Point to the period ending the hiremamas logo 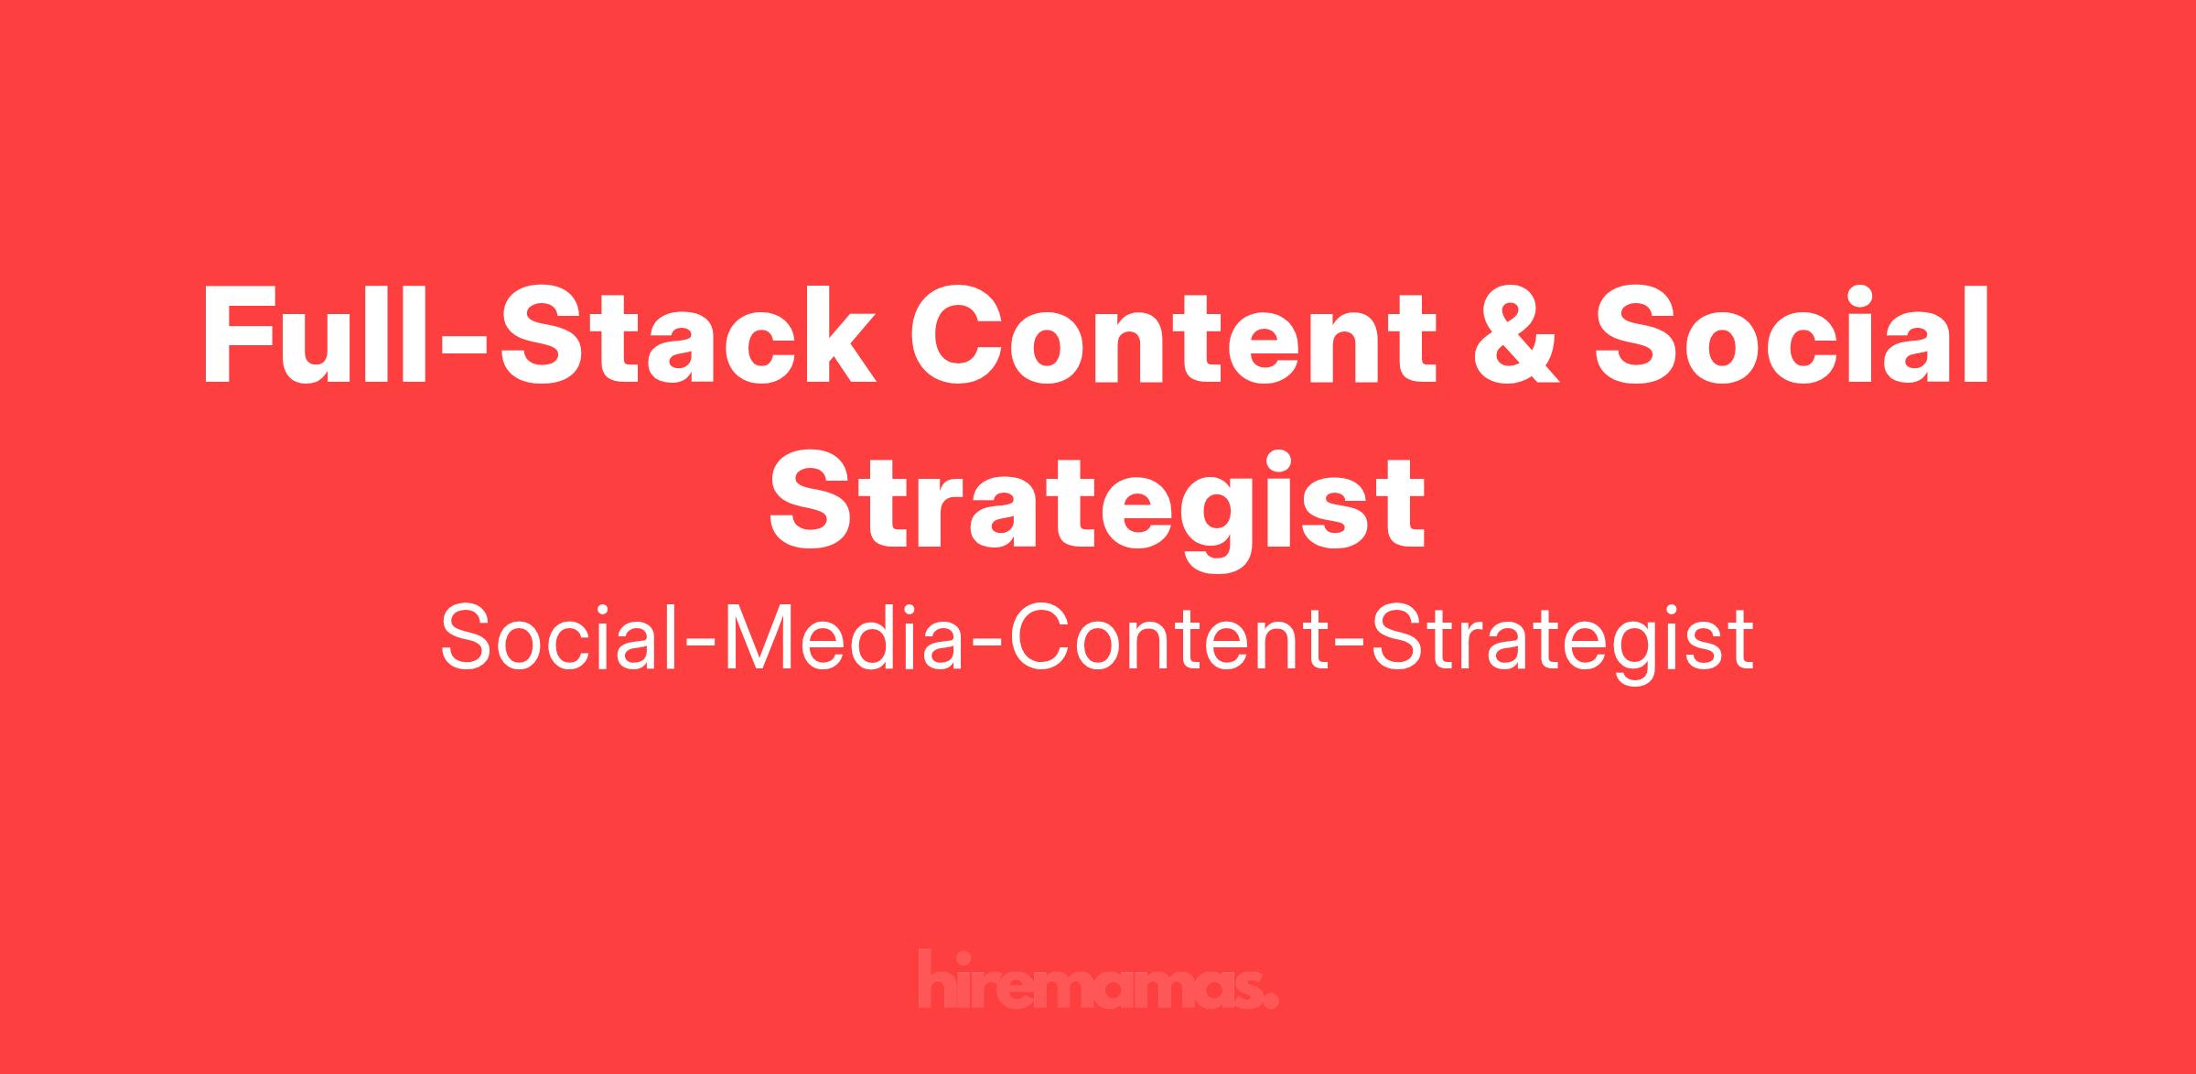pyautogui.click(x=1271, y=1001)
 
